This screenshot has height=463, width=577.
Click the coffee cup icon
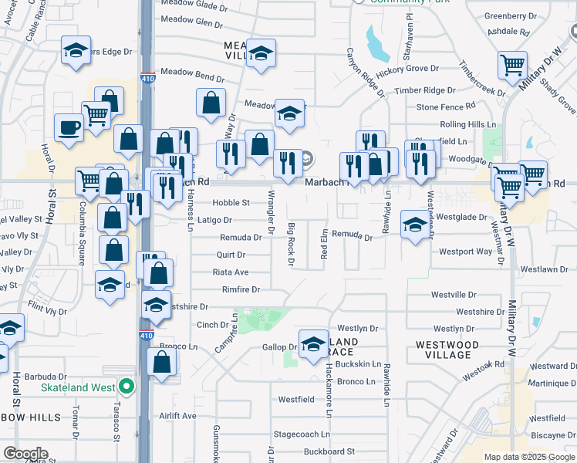[x=69, y=127]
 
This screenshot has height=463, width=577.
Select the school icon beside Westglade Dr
[x=416, y=224]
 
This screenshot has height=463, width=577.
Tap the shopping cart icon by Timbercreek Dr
[x=512, y=65]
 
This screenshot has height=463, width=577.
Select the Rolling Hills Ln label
[x=467, y=124]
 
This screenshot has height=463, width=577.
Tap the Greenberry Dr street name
[x=510, y=15]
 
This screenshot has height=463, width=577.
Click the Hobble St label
[x=231, y=203]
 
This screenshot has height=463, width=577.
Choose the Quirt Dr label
[x=231, y=255]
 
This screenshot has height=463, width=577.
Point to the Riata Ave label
[x=231, y=272]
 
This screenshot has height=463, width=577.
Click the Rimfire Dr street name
[x=241, y=289]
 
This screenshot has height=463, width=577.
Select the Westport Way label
[x=466, y=252]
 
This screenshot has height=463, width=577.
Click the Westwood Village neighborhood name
[x=454, y=349]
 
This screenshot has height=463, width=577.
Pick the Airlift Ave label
[x=178, y=415]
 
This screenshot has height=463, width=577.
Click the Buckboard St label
[x=329, y=451]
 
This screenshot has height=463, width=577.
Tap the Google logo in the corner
[x=25, y=454]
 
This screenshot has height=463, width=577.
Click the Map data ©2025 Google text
[x=529, y=457]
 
